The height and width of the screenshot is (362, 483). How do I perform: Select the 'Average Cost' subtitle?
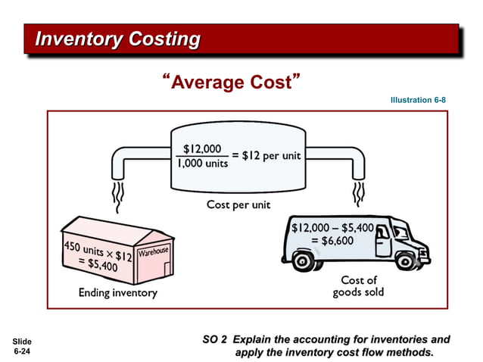[x=227, y=82]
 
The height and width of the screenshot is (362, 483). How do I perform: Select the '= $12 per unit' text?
[x=266, y=156]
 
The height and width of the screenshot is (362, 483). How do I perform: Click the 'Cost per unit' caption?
[x=238, y=204]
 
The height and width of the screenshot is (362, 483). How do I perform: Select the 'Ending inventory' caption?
[x=118, y=293]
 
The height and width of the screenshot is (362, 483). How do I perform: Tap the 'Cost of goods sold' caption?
[x=358, y=286]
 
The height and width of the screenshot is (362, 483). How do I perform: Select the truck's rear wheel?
[x=306, y=261]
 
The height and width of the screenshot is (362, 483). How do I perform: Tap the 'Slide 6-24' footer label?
[x=23, y=347]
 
